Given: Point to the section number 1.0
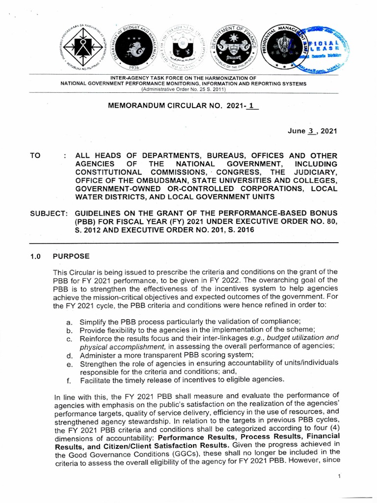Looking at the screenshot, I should (x=36, y=256).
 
